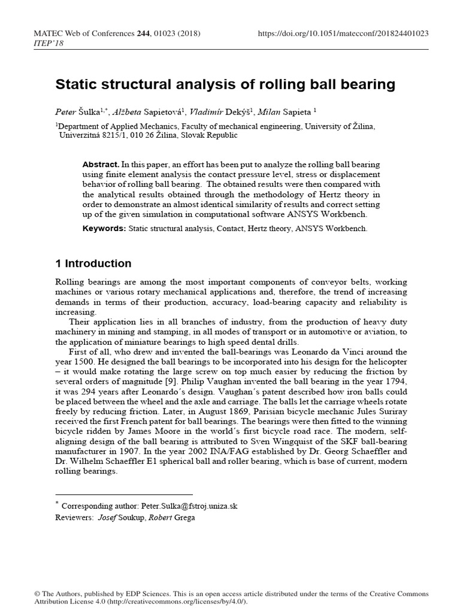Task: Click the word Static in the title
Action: [x=75, y=85]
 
